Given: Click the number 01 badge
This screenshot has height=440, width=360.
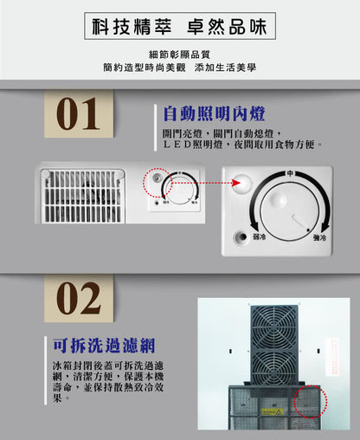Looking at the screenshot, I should point(78,114).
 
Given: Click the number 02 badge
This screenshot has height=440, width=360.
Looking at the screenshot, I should point(78,299).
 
